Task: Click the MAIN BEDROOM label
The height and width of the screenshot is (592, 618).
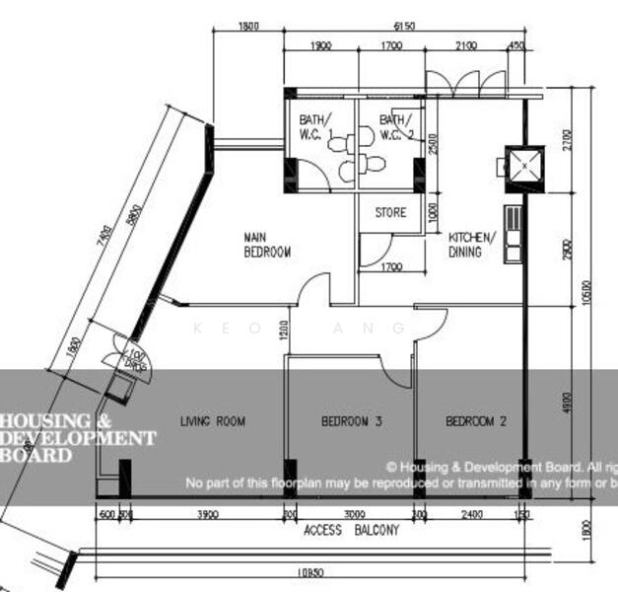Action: pos(267,245)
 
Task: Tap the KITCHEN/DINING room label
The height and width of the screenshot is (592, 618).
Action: pos(471,245)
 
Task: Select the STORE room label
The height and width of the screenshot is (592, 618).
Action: pos(390,212)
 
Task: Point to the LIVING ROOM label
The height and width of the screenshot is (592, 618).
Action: pos(212,421)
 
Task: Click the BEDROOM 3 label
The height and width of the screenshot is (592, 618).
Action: pos(351,421)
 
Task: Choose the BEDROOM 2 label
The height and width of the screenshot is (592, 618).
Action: pos(476,421)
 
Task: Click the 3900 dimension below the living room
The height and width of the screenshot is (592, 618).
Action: pos(208,514)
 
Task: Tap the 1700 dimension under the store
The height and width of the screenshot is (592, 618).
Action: pos(390,267)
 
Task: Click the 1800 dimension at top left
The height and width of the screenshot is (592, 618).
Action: pos(248,27)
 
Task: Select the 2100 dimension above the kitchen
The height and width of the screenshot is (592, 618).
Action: pos(465,45)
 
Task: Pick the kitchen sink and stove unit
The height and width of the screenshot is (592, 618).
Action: pos(513,235)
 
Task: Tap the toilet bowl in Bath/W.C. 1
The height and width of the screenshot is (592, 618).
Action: pos(338,145)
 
